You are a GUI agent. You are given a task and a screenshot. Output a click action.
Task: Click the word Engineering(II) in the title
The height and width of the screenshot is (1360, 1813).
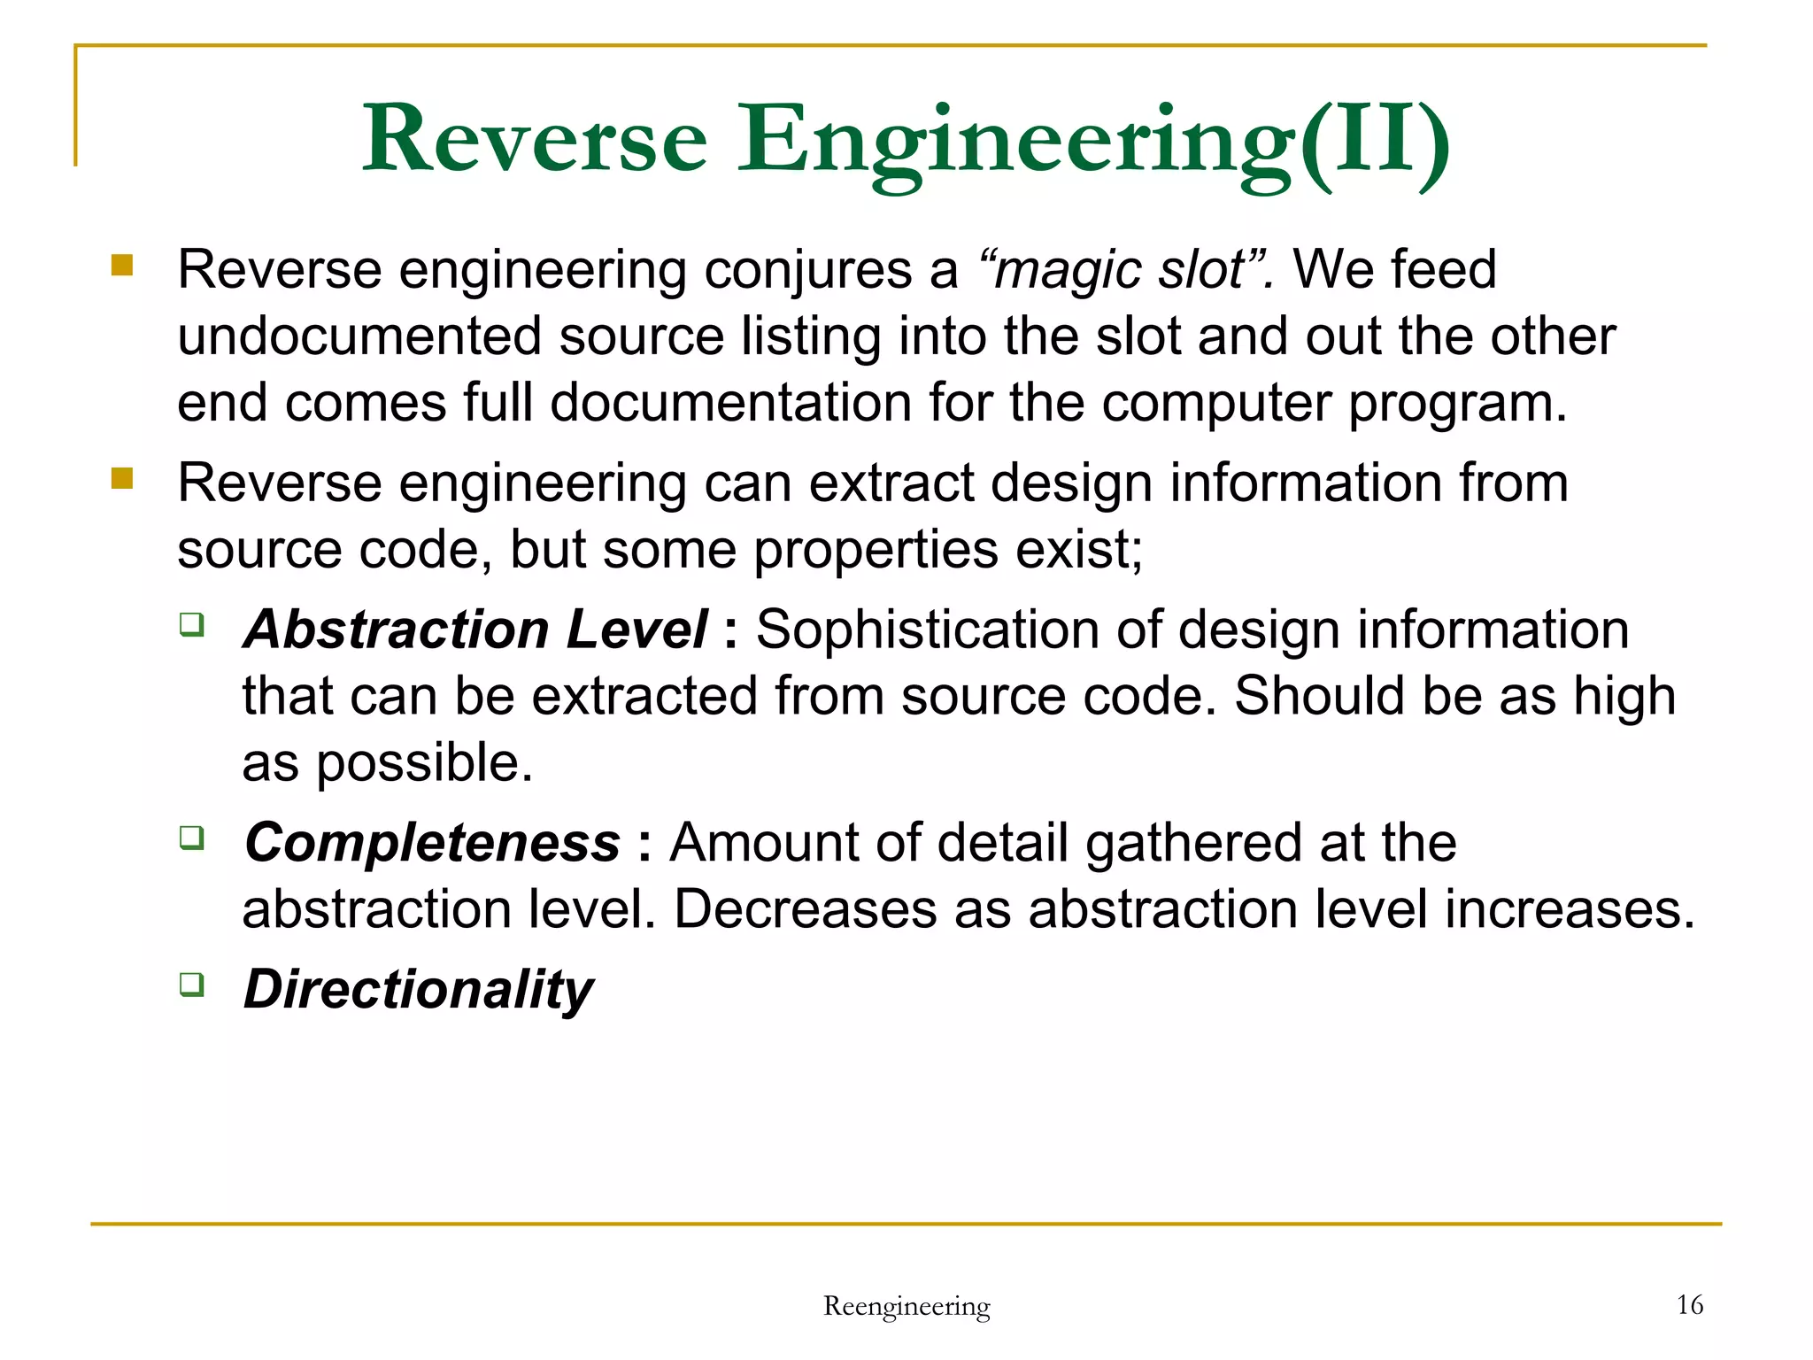click(1093, 142)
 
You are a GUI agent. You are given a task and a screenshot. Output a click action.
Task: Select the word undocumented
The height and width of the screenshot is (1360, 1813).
click(359, 336)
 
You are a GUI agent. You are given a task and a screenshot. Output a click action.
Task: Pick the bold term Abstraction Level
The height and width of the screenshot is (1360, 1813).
click(475, 630)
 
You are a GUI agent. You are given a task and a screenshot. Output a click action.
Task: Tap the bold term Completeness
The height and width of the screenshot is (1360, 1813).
click(432, 842)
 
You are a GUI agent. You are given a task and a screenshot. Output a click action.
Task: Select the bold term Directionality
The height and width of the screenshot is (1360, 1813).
click(419, 989)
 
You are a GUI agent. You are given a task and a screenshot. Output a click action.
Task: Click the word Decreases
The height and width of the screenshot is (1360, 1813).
click(805, 909)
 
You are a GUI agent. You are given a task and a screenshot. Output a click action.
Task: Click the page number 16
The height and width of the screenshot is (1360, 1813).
click(1689, 1304)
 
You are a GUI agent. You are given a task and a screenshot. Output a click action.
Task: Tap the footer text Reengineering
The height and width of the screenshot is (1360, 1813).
click(906, 1306)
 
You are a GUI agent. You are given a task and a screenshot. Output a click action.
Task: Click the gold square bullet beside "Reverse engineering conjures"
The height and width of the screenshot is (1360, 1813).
click(122, 266)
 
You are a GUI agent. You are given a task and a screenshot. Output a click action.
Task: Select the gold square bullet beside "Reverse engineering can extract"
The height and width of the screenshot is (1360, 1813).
click(122, 479)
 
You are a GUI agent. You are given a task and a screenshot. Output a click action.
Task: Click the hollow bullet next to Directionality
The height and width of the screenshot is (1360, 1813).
click(192, 984)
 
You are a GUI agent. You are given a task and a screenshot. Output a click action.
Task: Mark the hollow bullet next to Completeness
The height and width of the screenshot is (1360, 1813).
click(192, 837)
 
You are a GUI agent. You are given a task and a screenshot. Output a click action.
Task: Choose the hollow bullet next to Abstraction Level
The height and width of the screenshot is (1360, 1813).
click(192, 624)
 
